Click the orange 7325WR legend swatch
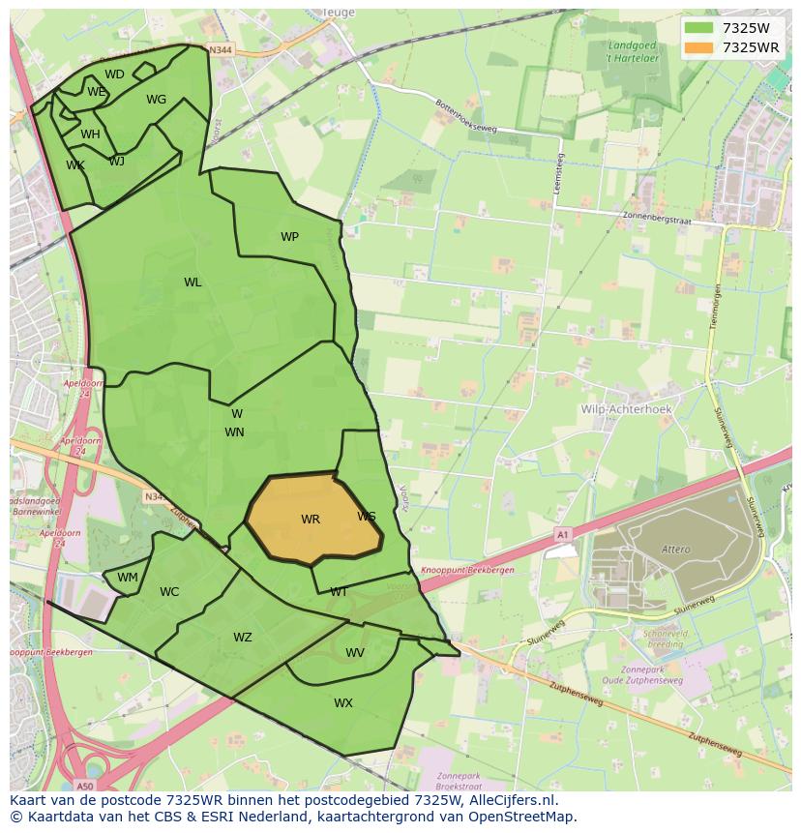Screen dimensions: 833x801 [698, 47]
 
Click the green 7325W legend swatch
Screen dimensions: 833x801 [698, 28]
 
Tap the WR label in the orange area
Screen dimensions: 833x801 [310, 520]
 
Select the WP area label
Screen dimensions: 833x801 [289, 237]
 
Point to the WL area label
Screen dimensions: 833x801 [193, 283]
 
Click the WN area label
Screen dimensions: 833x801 [234, 432]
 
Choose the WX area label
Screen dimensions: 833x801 [343, 703]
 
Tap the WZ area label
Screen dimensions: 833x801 [242, 638]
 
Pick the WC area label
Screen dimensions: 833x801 [169, 592]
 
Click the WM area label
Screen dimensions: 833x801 [128, 578]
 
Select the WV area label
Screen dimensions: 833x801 [355, 653]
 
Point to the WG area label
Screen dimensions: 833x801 [156, 100]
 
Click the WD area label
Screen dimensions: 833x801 [114, 74]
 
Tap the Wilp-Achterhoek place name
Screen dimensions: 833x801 [626, 409]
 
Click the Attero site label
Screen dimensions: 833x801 [676, 550]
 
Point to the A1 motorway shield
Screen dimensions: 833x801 [562, 533]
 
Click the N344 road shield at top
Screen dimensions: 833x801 [221, 48]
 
